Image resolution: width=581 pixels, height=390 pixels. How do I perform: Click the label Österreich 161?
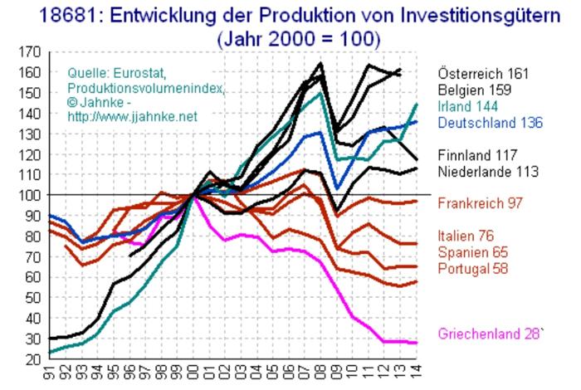(483, 73)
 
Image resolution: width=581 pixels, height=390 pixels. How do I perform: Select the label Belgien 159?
(476, 90)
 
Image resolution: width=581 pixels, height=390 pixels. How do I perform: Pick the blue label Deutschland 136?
(490, 123)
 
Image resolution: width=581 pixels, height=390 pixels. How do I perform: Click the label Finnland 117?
(478, 155)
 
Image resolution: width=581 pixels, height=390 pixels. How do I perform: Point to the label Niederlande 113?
(488, 172)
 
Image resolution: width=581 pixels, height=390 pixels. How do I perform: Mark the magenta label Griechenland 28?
(494, 334)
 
